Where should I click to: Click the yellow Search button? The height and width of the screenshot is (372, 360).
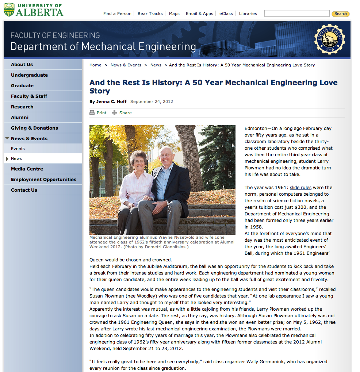pos(340,14)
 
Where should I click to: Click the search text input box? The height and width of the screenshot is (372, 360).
pos(296,14)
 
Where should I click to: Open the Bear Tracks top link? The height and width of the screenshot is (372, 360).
pos(150,14)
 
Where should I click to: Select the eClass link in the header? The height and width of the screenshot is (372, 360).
pos(226,14)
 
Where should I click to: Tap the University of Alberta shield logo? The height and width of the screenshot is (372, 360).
pos(9,9)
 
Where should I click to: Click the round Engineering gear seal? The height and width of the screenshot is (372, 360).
pos(329,39)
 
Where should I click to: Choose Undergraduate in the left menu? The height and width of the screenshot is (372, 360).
pos(29,75)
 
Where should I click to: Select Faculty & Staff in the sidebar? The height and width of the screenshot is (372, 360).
pos(29,96)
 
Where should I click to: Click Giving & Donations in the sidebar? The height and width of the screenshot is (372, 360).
pos(34,128)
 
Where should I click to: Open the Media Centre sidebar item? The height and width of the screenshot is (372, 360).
pos(27,169)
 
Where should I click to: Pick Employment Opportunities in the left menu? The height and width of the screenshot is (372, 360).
pos(43,180)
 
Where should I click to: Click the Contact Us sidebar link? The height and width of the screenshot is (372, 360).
pos(24,190)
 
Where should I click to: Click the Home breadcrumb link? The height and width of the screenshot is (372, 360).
pos(95,65)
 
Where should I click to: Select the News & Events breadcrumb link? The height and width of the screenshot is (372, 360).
pos(126,65)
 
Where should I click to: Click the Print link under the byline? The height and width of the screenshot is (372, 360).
pos(101,113)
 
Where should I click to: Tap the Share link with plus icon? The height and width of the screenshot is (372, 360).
pos(125,113)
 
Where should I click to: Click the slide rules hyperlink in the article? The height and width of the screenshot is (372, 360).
pos(300,188)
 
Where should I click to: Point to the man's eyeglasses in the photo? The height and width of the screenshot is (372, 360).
pos(166,155)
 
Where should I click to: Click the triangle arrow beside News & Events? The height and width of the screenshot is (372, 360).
pos(7,139)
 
